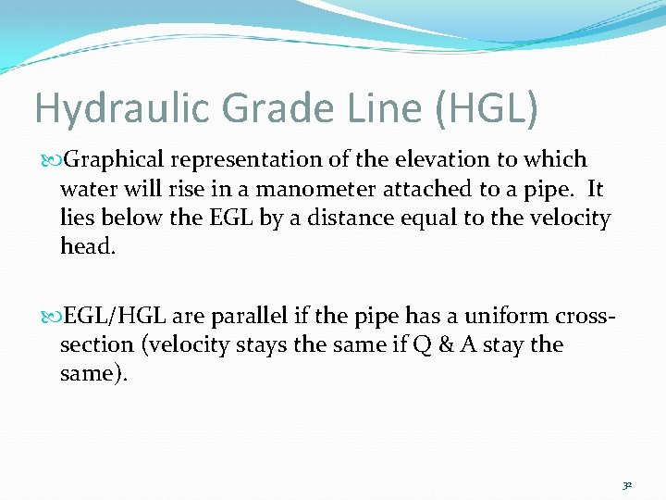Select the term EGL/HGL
117,316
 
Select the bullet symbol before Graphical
46,160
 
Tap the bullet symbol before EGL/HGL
46,317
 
